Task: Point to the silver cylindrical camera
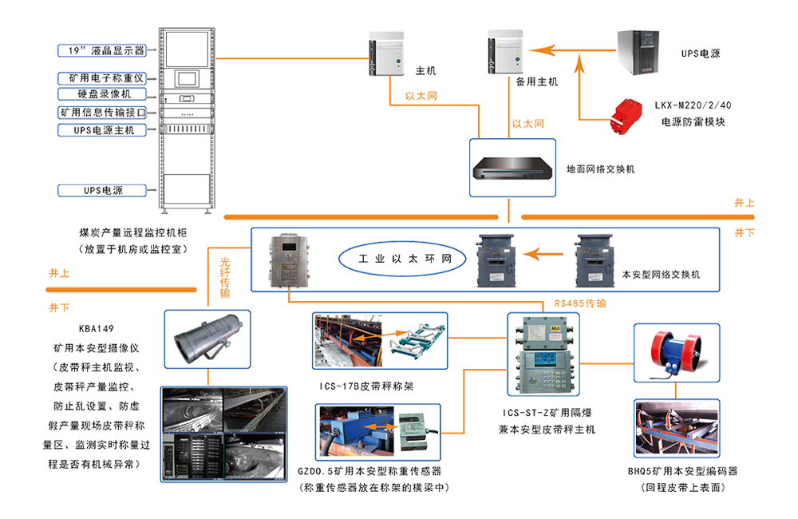coord(206,339)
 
